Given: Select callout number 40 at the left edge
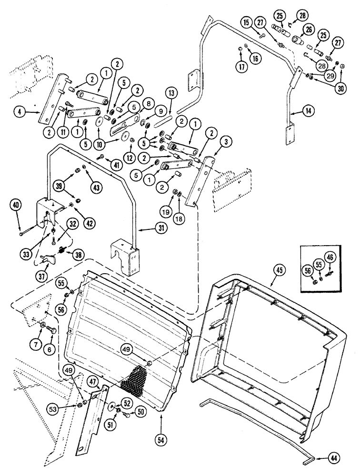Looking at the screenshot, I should tap(16, 206).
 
